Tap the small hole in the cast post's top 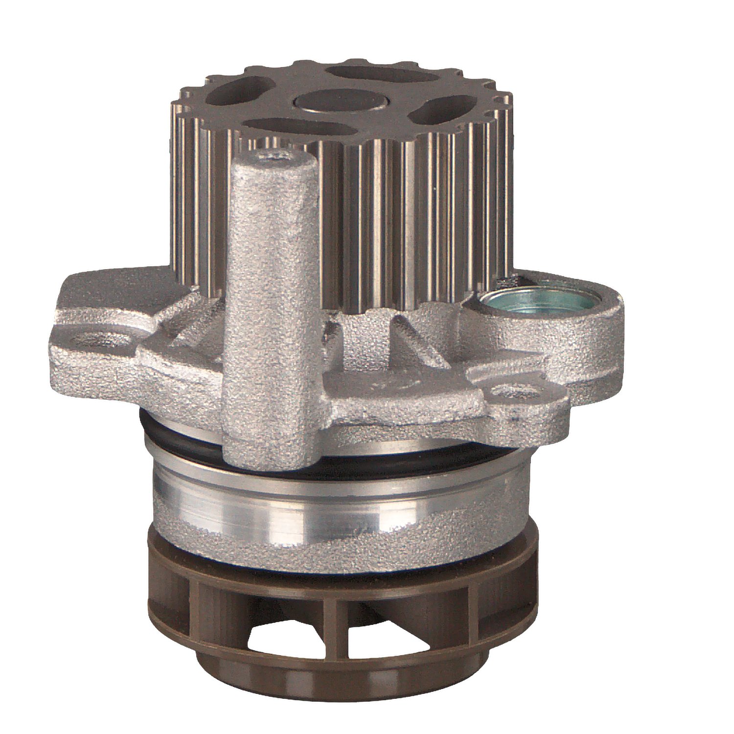[276, 158]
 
